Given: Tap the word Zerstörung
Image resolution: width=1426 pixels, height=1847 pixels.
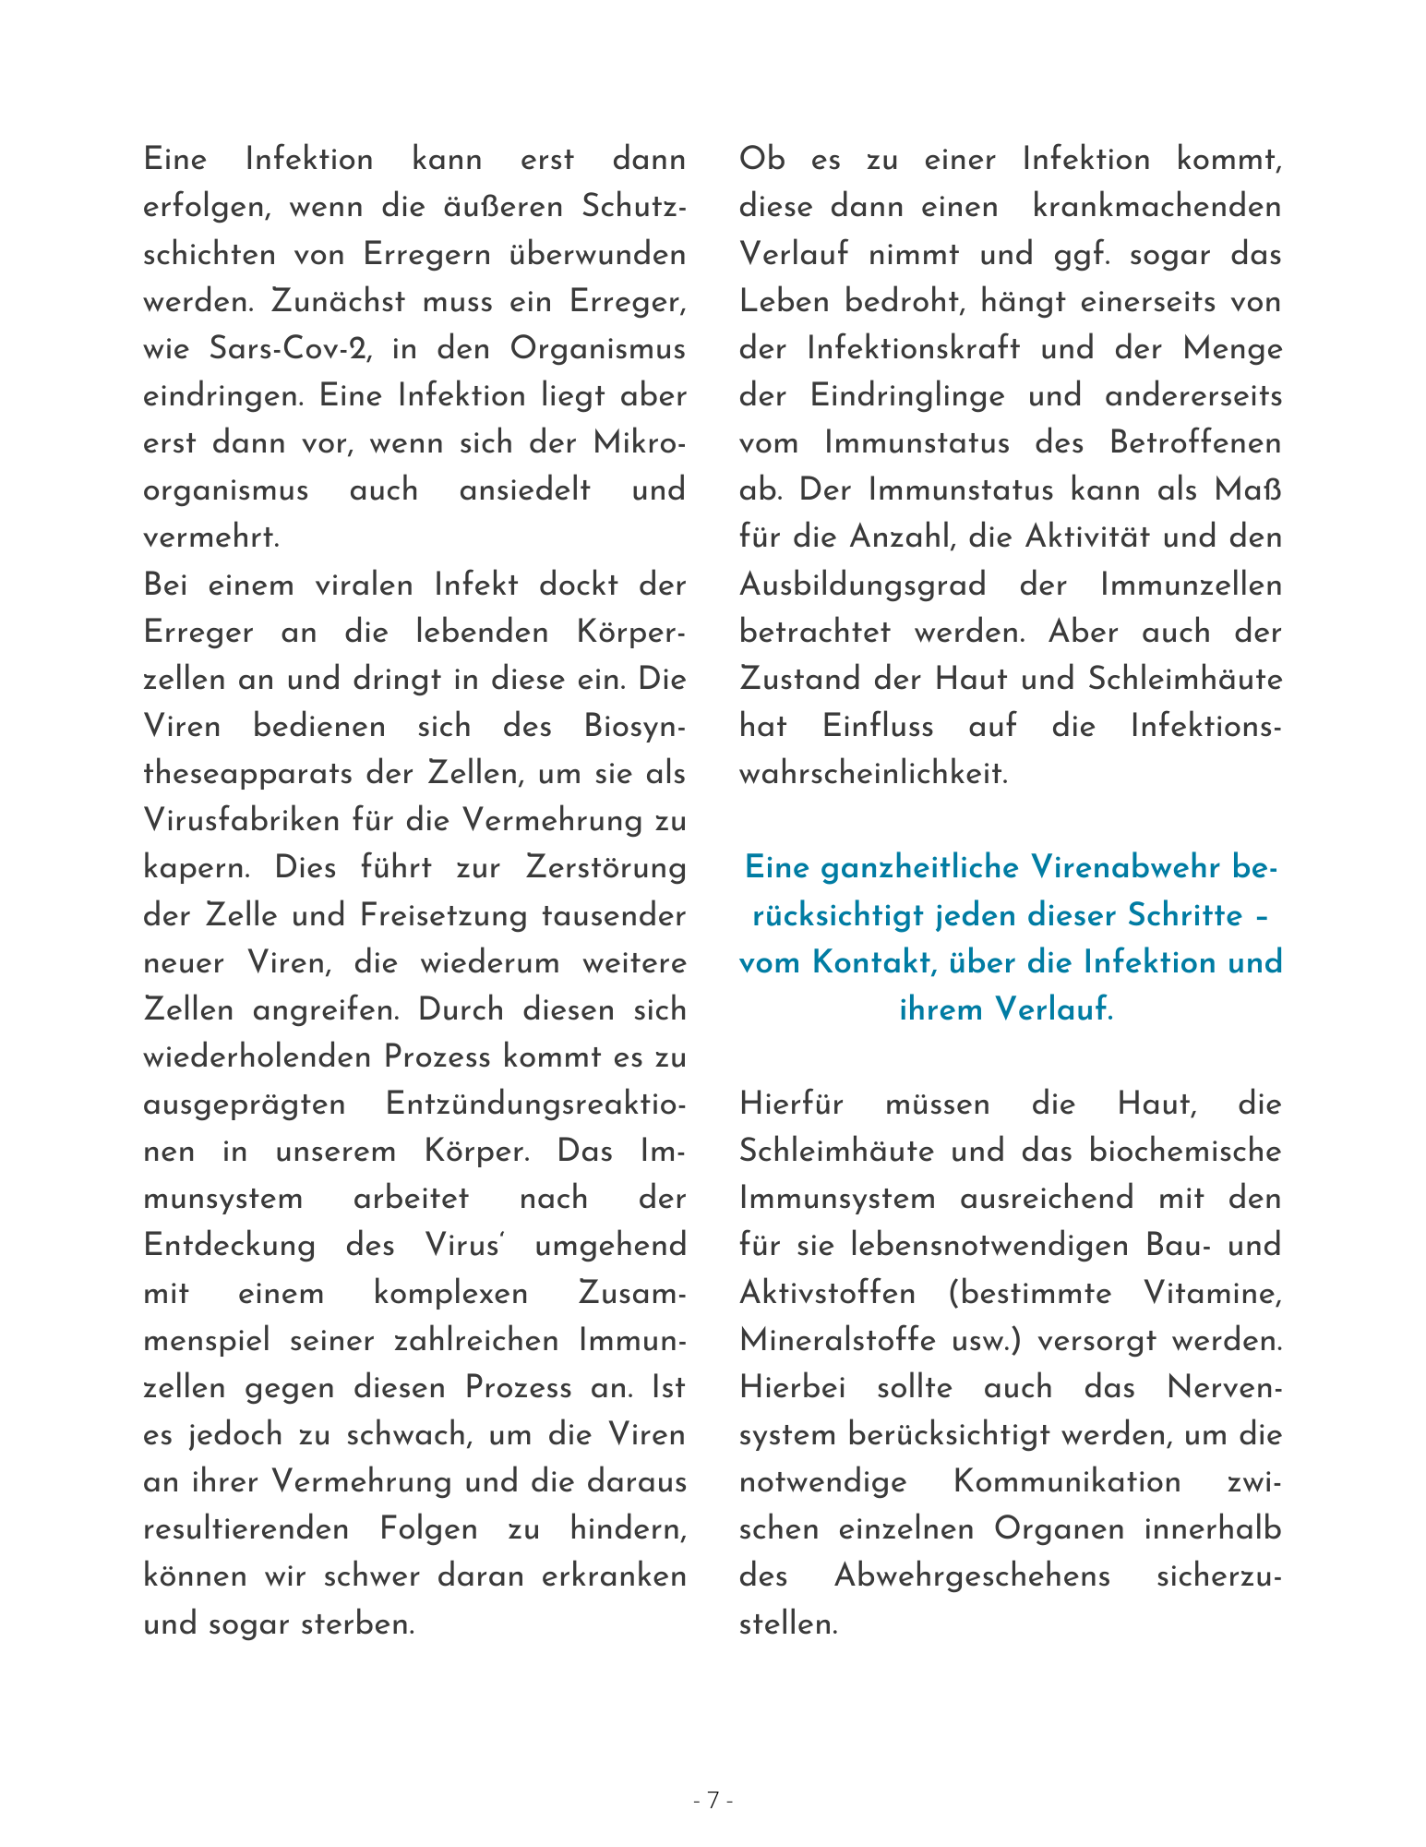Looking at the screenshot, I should [605, 868].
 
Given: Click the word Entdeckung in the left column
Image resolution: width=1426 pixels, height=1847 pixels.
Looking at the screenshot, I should [230, 1245].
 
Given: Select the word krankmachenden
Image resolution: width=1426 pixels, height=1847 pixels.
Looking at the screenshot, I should [1157, 206].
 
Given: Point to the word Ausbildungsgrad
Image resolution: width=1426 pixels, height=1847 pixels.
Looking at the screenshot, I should [863, 585].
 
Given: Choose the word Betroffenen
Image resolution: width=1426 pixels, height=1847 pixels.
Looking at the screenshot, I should [1195, 443].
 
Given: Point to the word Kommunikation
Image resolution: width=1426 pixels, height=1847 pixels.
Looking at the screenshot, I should [1066, 1481].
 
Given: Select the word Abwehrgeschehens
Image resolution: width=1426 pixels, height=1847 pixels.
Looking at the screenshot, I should [972, 1575].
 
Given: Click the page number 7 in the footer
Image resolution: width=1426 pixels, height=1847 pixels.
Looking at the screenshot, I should [713, 1800].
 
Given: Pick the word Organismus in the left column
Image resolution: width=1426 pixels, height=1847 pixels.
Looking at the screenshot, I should [597, 349].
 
